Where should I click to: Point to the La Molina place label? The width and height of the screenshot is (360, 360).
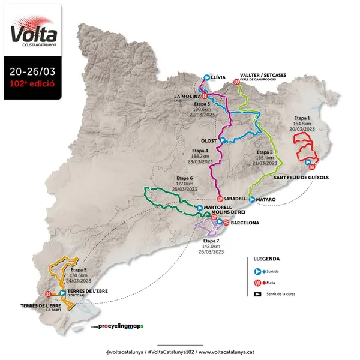pos(186,96)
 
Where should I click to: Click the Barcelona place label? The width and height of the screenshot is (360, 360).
pos(245,223)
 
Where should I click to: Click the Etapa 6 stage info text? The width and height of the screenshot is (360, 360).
pos(185,184)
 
